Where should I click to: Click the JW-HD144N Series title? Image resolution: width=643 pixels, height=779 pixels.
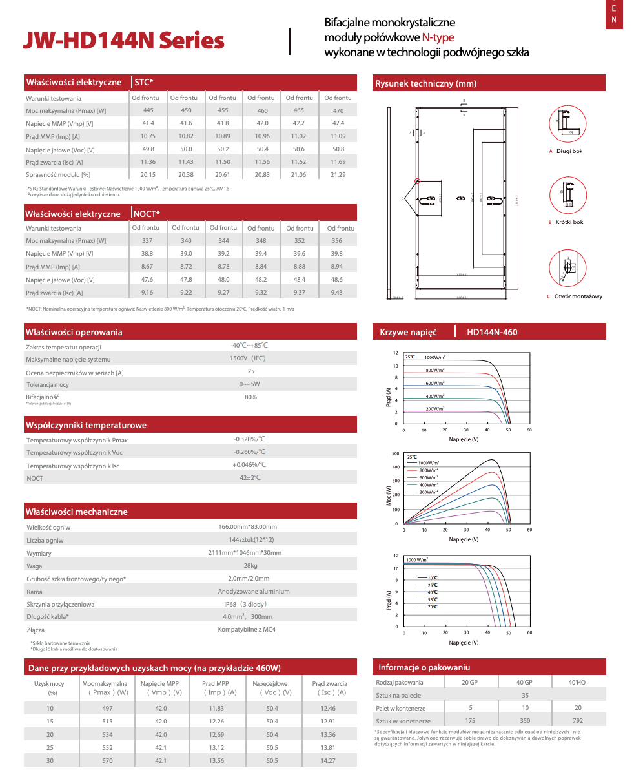pyautogui.click(x=123, y=40)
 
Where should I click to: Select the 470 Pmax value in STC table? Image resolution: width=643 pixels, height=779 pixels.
pyautogui.click(x=338, y=110)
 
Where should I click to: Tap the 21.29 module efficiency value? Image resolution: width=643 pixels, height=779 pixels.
pyautogui.click(x=338, y=174)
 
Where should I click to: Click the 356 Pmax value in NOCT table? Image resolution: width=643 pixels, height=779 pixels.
pyautogui.click(x=337, y=240)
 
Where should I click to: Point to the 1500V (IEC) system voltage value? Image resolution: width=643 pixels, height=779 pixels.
pyautogui.click(x=248, y=358)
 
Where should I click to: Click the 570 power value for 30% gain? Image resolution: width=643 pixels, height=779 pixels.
pyautogui.click(x=107, y=761)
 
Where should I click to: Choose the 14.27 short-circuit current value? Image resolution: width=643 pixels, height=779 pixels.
pyautogui.click(x=328, y=761)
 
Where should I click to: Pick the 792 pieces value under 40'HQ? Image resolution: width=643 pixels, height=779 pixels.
pyautogui.click(x=577, y=721)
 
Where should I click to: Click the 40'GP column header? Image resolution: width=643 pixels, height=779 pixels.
pyautogui.click(x=524, y=683)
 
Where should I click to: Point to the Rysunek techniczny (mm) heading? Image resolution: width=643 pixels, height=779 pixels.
pyautogui.click(x=426, y=84)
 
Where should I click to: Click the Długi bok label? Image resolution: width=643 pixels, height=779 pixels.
pyautogui.click(x=569, y=151)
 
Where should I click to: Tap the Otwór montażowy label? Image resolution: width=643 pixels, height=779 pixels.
pyautogui.click(x=578, y=296)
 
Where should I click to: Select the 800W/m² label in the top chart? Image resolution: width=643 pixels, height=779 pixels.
pyautogui.click(x=435, y=370)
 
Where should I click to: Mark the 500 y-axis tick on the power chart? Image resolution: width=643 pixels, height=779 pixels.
pyautogui.click(x=395, y=454)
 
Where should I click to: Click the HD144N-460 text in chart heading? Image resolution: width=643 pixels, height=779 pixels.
pyautogui.click(x=492, y=333)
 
